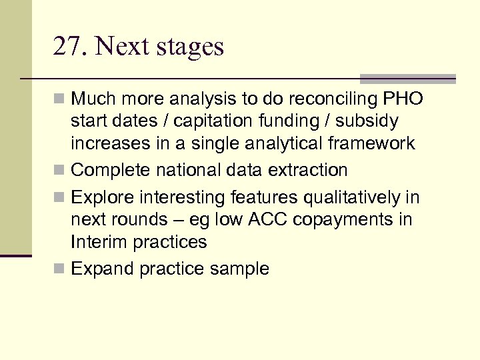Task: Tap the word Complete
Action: coord(111,170)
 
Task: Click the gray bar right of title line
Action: coord(407,78)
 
